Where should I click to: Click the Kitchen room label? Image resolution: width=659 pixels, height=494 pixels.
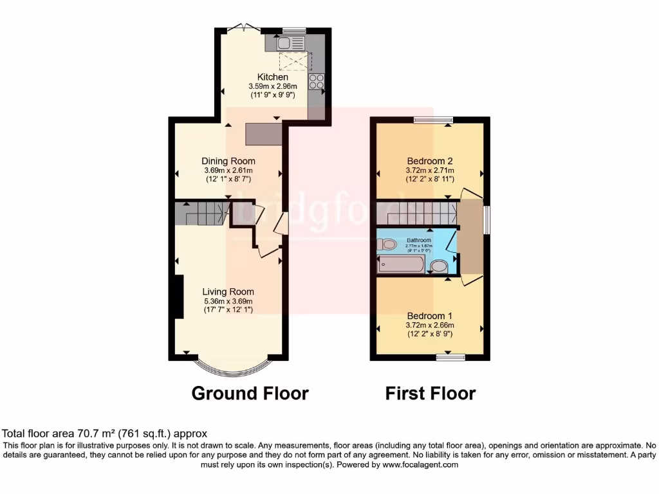(x=273, y=77)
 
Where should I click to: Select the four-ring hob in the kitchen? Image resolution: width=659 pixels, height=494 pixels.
(x=317, y=81)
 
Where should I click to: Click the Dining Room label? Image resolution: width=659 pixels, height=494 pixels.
(x=228, y=161)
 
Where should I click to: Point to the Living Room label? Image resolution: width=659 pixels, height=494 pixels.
(x=228, y=291)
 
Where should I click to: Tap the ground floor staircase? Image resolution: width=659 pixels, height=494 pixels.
(x=203, y=213)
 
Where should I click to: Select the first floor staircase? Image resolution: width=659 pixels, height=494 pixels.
(x=416, y=213)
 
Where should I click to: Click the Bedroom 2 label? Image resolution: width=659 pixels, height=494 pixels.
(x=429, y=161)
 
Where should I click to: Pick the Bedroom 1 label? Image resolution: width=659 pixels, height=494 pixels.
(x=429, y=316)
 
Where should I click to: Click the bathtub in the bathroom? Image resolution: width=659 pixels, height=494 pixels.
(x=401, y=264)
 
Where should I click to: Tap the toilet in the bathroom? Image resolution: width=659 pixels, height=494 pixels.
(x=388, y=244)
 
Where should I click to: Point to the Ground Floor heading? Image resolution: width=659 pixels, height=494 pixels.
(x=250, y=393)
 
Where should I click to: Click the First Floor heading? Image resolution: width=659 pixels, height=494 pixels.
(x=430, y=393)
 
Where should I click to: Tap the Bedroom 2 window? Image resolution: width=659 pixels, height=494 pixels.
(x=432, y=119)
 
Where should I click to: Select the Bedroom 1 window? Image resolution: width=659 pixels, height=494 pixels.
(x=450, y=356)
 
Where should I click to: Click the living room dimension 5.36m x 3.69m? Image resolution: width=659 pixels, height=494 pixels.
(x=228, y=300)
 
